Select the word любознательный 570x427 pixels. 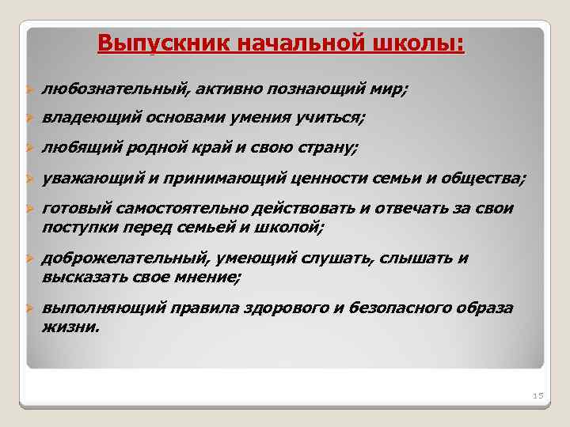114,90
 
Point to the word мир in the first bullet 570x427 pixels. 390,90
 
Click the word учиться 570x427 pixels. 330,119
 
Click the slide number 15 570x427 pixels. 536,395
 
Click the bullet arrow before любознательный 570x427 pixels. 28,91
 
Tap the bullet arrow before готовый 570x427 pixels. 28,209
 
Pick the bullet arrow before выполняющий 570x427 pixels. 28,308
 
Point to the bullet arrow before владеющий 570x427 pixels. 28,119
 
